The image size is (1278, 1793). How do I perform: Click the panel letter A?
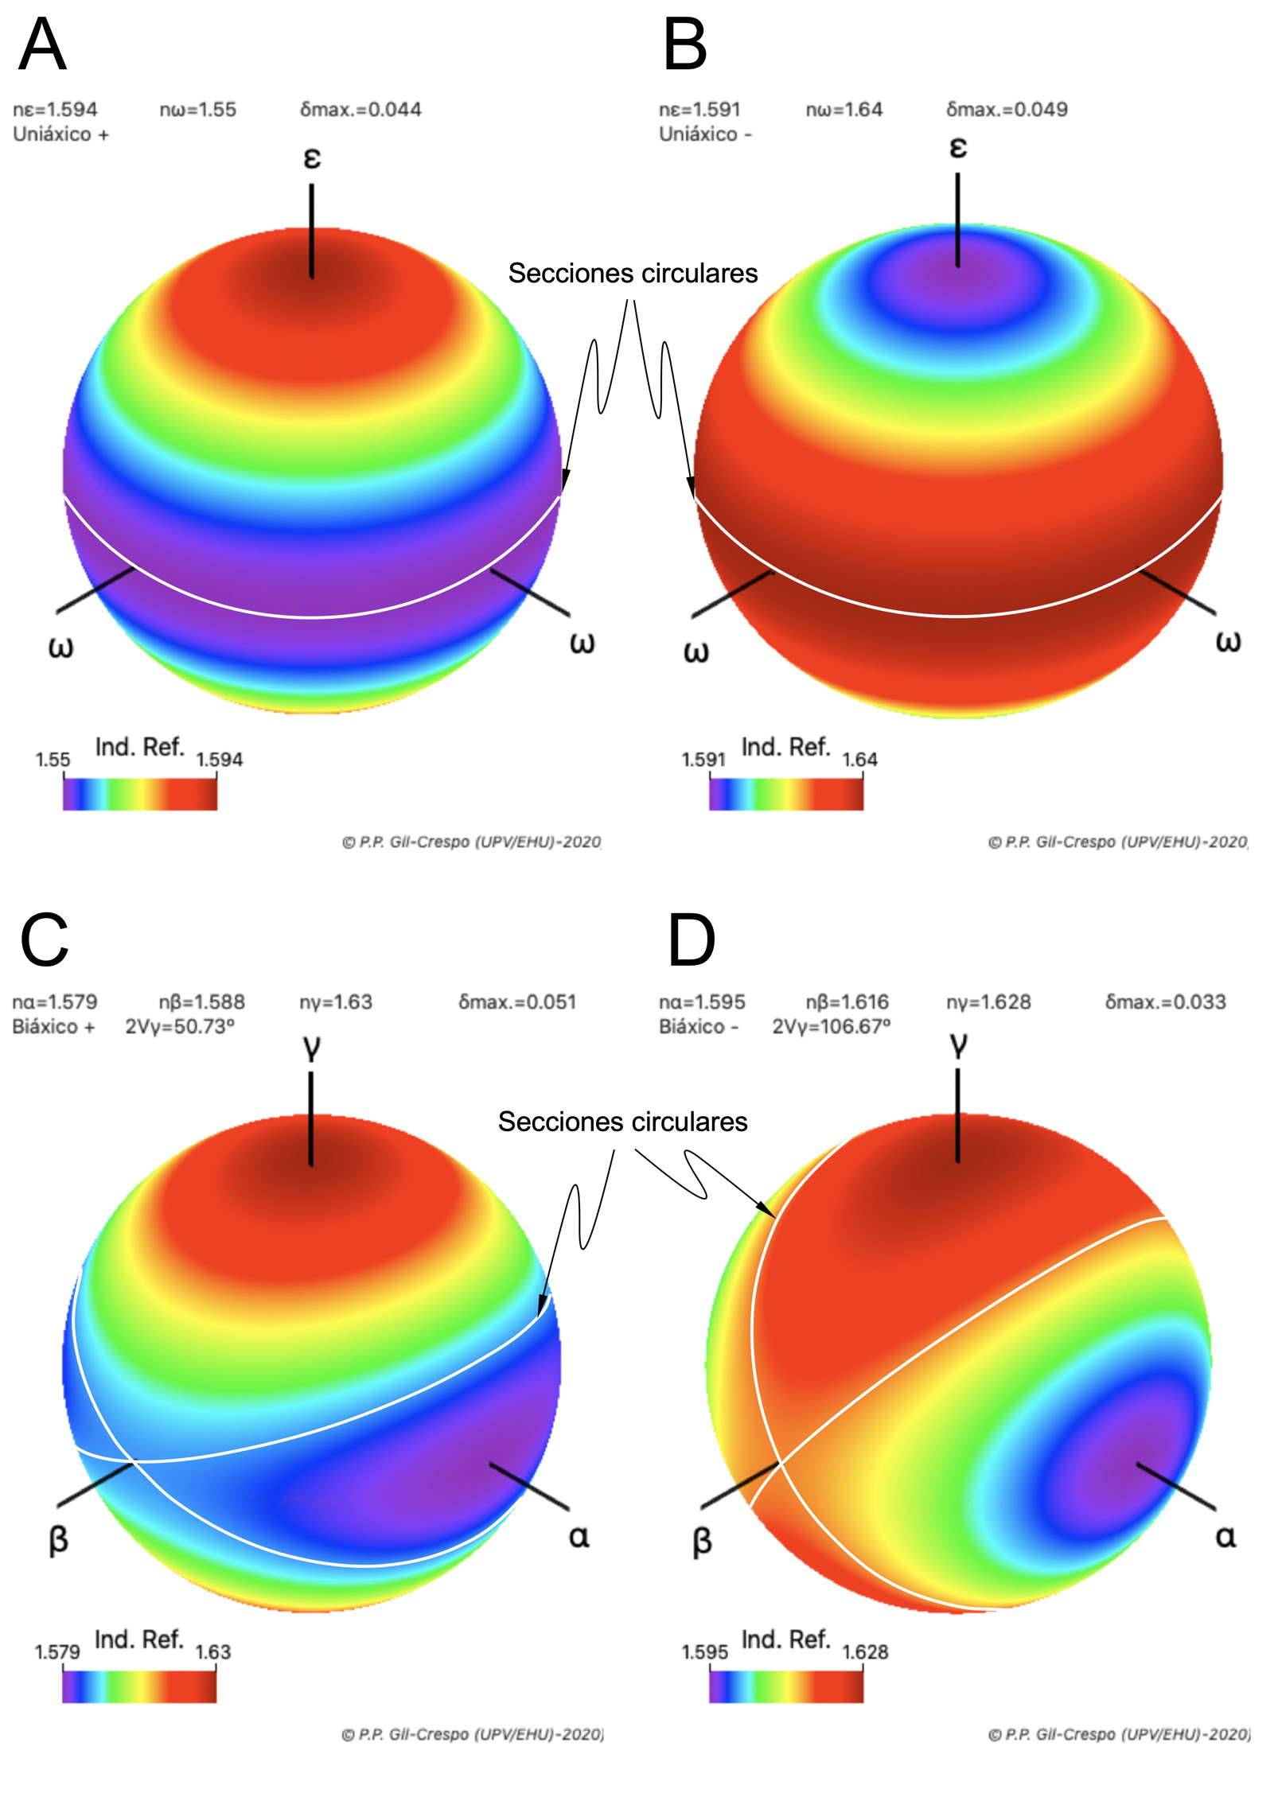[42, 45]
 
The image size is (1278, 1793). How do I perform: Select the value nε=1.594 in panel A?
[55, 109]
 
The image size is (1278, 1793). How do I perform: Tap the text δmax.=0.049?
[1006, 109]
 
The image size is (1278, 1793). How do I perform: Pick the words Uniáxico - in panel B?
[704, 134]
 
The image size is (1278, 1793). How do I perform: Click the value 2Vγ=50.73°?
[180, 1026]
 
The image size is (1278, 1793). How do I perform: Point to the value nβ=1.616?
[847, 1002]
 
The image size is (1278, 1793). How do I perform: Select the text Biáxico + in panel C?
[53, 1026]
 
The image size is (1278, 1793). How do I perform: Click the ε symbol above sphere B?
[958, 147]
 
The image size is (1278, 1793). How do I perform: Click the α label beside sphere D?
[1225, 1536]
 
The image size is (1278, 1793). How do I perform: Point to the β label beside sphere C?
[58, 1539]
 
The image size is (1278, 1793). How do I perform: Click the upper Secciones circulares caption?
[633, 273]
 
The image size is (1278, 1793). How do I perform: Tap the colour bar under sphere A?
[139, 794]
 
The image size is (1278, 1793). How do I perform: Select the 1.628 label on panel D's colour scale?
[865, 1652]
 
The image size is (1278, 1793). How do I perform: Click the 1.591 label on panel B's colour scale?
[703, 760]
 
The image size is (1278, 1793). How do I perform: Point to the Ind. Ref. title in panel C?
[139, 1639]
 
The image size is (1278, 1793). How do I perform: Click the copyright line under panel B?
[1117, 842]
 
